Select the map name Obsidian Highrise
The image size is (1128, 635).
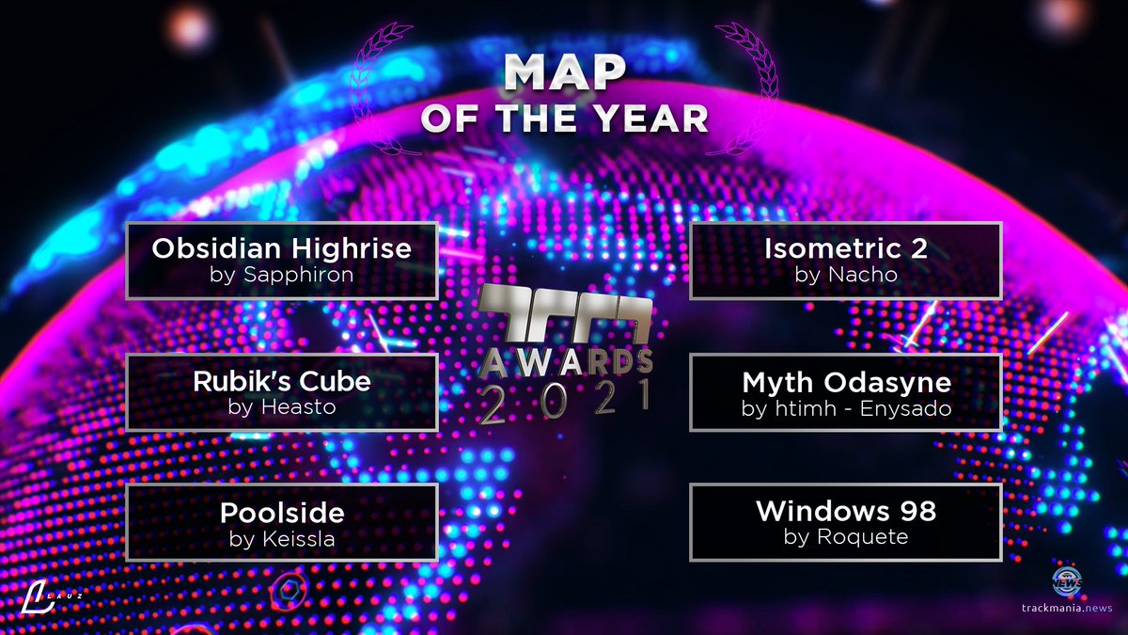(x=282, y=248)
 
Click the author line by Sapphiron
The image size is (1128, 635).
(x=282, y=276)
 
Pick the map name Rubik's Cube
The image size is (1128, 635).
(x=282, y=381)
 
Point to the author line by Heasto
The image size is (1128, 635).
(x=282, y=407)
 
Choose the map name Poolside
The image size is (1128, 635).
(x=282, y=513)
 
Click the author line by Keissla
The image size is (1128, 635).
(x=282, y=539)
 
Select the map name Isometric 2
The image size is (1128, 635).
(x=846, y=248)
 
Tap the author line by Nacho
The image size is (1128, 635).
(x=846, y=276)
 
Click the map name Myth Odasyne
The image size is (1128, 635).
(x=846, y=381)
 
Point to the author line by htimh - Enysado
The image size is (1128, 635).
(x=846, y=407)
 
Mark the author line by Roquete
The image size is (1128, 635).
(x=846, y=538)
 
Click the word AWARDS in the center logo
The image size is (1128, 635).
(x=564, y=361)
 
